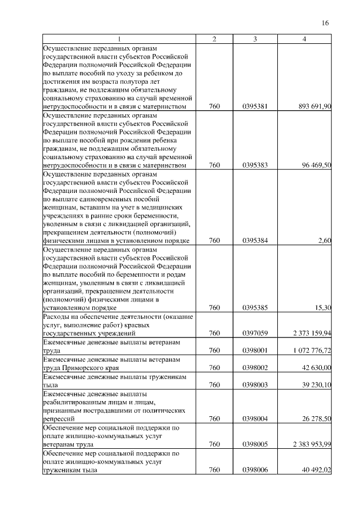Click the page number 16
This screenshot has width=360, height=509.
point(325,23)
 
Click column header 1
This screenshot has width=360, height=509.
point(119,38)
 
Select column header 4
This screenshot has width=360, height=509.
point(304,38)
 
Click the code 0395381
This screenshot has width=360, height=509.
point(255,106)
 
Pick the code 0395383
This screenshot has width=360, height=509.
point(255,165)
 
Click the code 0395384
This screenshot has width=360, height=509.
point(255,241)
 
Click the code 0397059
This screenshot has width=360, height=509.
point(255,334)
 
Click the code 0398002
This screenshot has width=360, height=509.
point(255,367)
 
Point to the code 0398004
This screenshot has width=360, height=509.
point(255,418)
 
